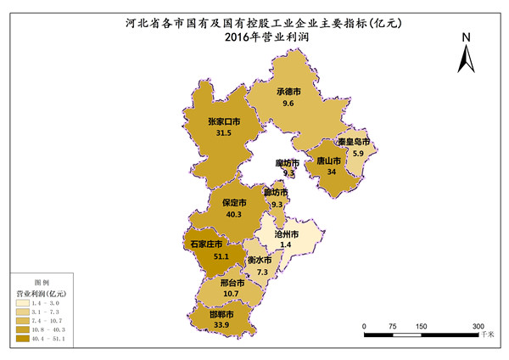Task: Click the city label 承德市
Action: (289, 92)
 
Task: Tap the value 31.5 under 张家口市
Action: (224, 133)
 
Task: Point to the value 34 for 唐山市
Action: (331, 172)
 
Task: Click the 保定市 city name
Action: (234, 203)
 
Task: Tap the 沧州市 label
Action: (287, 233)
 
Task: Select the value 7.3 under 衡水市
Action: (262, 272)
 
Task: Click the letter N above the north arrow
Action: (466, 38)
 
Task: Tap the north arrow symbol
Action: (466, 59)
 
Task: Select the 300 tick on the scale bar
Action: (478, 326)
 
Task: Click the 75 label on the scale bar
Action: (393, 326)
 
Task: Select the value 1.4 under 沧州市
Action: (286, 245)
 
